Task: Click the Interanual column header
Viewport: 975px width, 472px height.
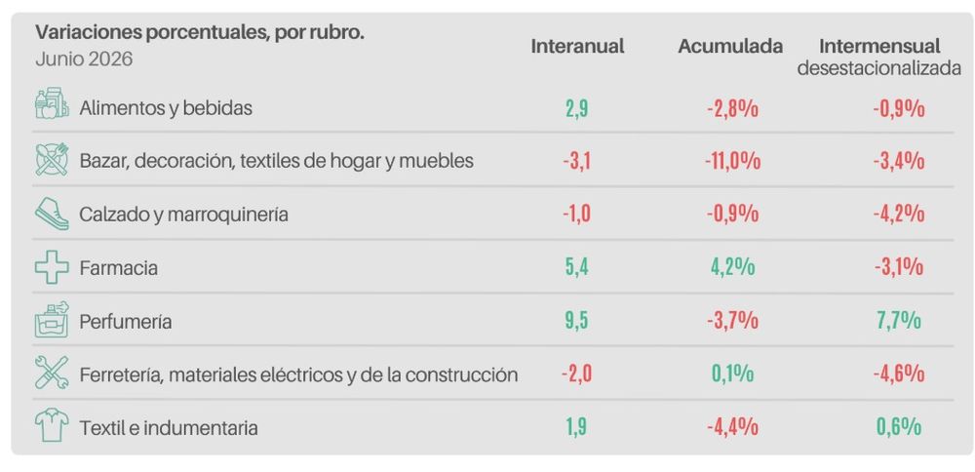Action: (x=577, y=46)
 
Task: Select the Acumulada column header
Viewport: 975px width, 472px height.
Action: (x=730, y=46)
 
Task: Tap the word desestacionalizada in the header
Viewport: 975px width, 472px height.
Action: (x=879, y=68)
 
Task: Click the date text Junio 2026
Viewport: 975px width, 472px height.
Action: (x=84, y=59)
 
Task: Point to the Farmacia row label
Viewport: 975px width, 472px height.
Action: (x=118, y=268)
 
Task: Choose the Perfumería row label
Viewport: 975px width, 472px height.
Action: (x=126, y=322)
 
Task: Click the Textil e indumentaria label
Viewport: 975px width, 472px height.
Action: (x=169, y=428)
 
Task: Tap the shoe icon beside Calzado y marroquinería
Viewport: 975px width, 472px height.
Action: (x=52, y=214)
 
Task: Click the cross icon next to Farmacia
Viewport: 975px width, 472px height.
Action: (x=52, y=268)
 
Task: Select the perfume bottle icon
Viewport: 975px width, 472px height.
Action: (x=52, y=320)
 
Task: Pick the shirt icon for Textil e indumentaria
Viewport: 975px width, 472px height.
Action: (x=52, y=426)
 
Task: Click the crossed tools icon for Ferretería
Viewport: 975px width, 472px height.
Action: (x=52, y=374)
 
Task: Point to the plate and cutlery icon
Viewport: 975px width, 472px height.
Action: (x=52, y=159)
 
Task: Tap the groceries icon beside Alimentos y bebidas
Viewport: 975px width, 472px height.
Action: (x=52, y=103)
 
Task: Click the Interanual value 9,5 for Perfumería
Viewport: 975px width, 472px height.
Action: (x=576, y=321)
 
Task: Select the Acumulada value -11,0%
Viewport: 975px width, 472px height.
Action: (x=732, y=161)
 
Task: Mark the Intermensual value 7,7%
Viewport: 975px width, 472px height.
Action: (x=899, y=321)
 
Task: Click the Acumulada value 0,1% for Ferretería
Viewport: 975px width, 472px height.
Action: (x=732, y=374)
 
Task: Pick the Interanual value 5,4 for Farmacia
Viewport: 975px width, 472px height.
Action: (x=576, y=267)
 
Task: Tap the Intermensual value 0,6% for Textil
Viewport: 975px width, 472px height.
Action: (x=899, y=427)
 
